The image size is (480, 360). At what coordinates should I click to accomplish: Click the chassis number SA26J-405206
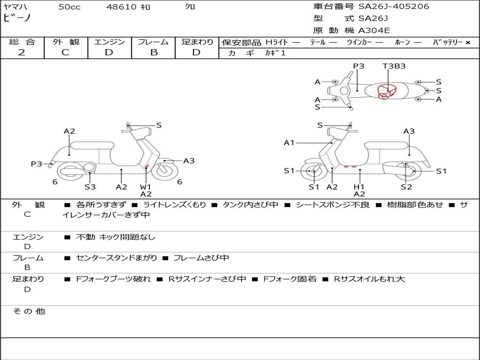(394, 7)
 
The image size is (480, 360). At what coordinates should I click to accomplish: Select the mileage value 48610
(121, 7)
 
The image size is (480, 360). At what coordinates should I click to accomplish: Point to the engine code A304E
(374, 31)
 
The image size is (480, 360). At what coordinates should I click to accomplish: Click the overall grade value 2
(22, 52)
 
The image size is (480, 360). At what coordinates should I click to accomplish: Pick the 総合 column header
(22, 42)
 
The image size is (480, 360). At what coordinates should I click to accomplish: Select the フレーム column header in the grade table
(153, 42)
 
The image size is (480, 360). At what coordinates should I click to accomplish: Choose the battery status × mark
(467, 42)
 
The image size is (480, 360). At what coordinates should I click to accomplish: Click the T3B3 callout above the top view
(394, 66)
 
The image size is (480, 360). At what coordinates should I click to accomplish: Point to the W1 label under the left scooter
(146, 187)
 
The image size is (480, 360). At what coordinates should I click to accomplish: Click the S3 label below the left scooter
(90, 187)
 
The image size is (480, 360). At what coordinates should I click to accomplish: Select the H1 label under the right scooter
(360, 187)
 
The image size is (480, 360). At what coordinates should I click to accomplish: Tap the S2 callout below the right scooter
(406, 187)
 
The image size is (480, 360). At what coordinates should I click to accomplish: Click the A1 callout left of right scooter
(289, 142)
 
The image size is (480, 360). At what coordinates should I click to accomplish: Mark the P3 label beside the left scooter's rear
(37, 164)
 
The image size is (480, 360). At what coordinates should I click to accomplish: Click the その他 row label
(29, 311)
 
